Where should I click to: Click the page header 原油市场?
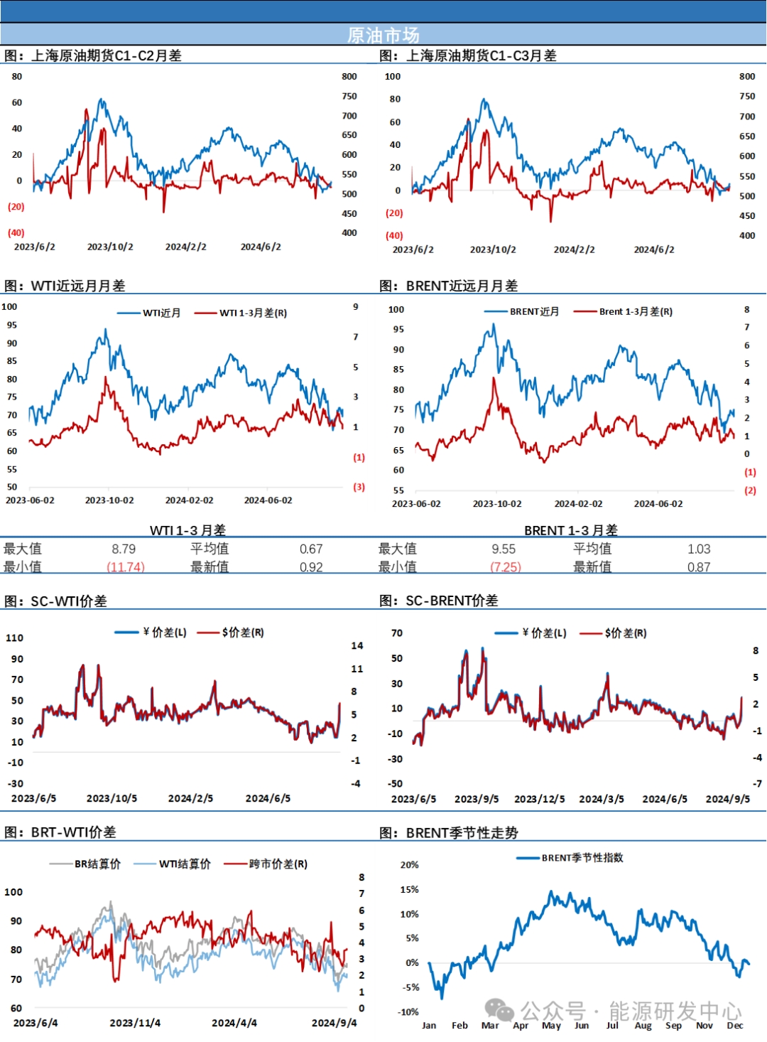point(383,35)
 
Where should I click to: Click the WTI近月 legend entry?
point(161,313)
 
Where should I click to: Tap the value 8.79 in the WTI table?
point(124,549)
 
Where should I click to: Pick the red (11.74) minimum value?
point(126,567)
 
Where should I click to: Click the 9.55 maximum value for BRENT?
point(504,549)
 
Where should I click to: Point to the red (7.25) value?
point(506,567)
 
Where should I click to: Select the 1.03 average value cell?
point(699,549)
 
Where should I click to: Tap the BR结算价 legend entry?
point(97,864)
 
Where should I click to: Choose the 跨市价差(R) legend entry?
point(278,864)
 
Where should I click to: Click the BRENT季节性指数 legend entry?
point(582,858)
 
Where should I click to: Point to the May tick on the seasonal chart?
point(551,1026)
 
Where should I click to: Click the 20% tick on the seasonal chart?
point(410,865)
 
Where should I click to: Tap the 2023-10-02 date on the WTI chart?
point(109,500)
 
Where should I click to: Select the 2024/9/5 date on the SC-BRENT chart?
point(727,799)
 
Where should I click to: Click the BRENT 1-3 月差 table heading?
point(571,530)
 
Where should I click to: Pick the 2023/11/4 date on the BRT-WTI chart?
point(135,1023)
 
